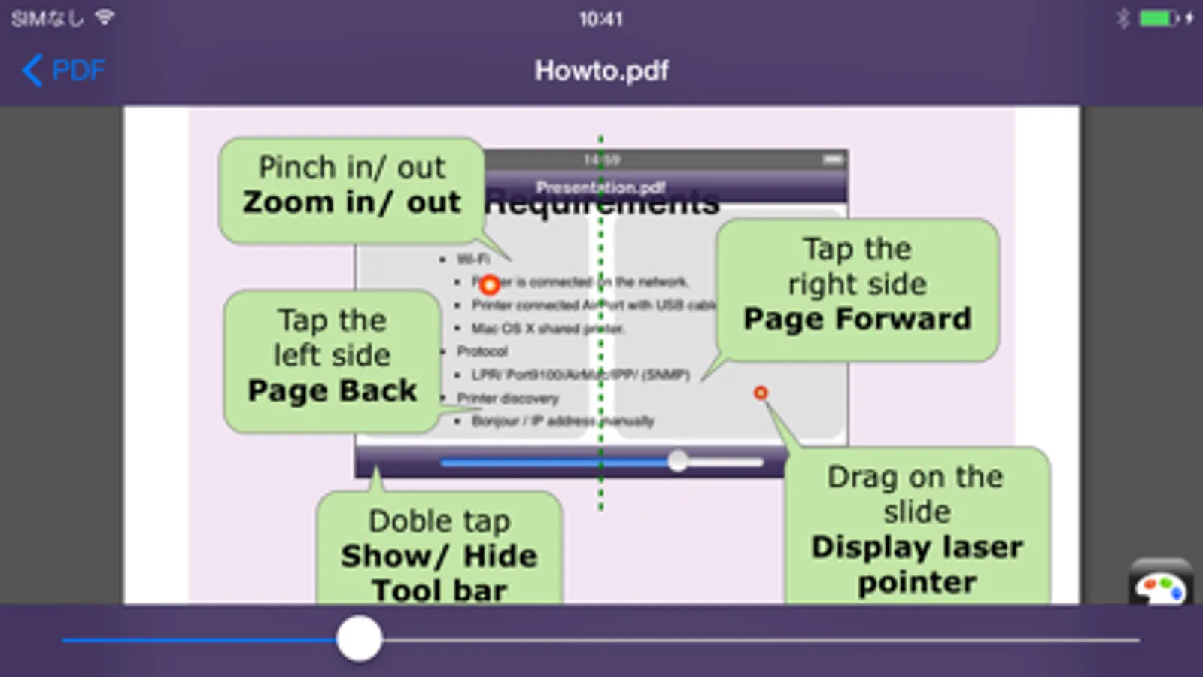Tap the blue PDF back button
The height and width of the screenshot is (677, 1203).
point(63,71)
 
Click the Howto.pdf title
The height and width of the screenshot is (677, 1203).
point(601,71)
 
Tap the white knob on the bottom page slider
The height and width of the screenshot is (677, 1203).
point(360,639)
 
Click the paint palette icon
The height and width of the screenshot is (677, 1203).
point(1160,587)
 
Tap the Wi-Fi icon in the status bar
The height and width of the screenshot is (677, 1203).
point(105,17)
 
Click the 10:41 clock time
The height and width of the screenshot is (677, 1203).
point(600,19)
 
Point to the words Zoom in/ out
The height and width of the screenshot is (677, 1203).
point(351,202)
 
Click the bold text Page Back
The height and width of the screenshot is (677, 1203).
point(332,390)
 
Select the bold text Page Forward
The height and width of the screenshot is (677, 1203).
point(857,319)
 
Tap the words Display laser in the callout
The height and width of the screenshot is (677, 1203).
point(917,547)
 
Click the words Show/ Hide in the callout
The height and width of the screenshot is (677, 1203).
point(439,556)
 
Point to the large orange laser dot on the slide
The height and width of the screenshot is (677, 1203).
point(490,285)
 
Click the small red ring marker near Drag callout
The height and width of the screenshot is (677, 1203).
point(761,393)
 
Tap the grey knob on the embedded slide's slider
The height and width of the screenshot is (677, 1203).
point(678,461)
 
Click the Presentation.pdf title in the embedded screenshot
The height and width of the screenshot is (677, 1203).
point(600,187)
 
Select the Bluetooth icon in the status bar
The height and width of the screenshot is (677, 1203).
point(1122,18)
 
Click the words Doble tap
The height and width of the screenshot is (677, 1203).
point(439,521)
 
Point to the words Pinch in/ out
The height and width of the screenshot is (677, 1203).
point(351,167)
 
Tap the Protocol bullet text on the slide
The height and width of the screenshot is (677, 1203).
point(482,351)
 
